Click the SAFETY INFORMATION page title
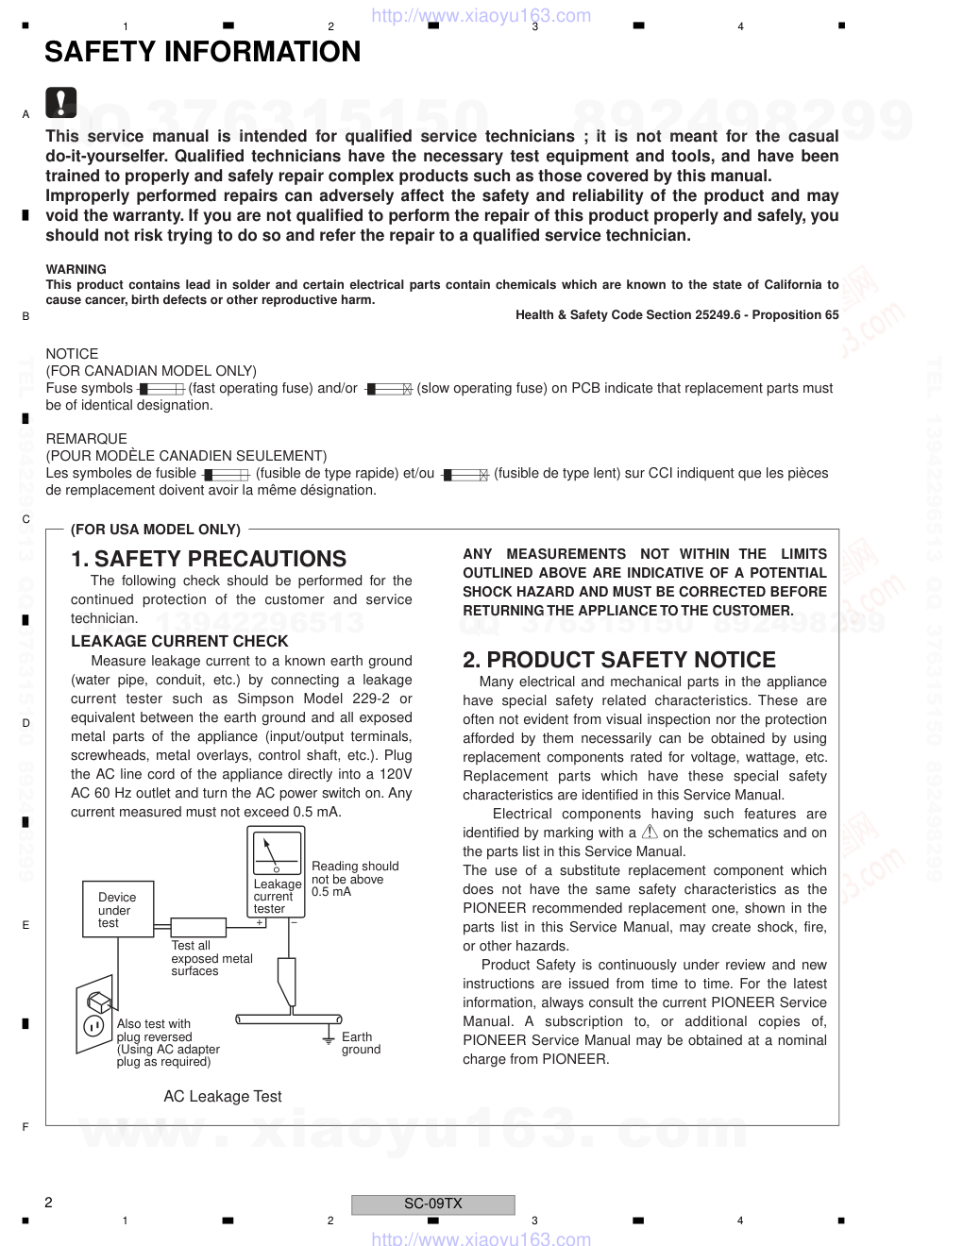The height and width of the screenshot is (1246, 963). [202, 52]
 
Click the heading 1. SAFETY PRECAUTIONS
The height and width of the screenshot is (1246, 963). [209, 559]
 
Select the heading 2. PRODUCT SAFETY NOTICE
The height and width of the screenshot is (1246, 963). [618, 660]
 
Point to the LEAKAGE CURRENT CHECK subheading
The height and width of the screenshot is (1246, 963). [179, 641]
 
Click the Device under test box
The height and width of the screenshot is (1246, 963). [117, 910]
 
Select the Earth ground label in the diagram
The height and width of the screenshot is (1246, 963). [361, 1043]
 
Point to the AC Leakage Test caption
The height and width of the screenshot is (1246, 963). [223, 1096]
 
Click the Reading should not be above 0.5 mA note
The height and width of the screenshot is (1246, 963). [354, 879]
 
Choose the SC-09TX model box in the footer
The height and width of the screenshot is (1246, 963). [432, 1204]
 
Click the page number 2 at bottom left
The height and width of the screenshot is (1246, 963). [48, 1203]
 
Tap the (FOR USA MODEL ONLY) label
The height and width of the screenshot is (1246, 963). [156, 530]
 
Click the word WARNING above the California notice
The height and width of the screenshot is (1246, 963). [76, 269]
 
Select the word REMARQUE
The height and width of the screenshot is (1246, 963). [86, 439]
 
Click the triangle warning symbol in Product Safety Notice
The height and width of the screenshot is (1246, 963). [650, 832]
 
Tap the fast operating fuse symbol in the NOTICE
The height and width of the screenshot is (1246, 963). [161, 389]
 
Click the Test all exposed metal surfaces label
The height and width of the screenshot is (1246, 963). [211, 958]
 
